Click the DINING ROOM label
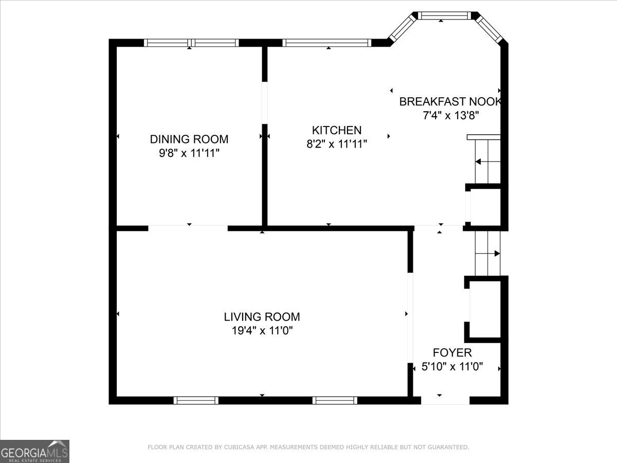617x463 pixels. tap(189, 139)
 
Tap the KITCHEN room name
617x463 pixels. tap(337, 130)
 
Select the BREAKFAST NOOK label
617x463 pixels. tap(450, 101)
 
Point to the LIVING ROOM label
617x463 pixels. tap(262, 317)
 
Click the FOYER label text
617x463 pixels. tap(452, 352)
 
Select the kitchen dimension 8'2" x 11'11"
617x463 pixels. tap(337, 144)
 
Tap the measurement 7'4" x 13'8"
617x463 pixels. tap(451, 115)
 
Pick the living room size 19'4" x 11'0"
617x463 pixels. tap(262, 330)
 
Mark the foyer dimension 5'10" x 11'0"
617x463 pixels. tap(452, 367)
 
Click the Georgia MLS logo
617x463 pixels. tap(34, 451)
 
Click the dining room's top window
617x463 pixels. tap(191, 43)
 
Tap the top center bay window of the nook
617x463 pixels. tap(444, 16)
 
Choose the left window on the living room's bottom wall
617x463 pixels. tap(196, 400)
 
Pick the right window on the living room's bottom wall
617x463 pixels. tap(335, 400)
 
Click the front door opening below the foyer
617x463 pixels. tap(445, 400)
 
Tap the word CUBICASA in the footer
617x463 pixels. tap(240, 448)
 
